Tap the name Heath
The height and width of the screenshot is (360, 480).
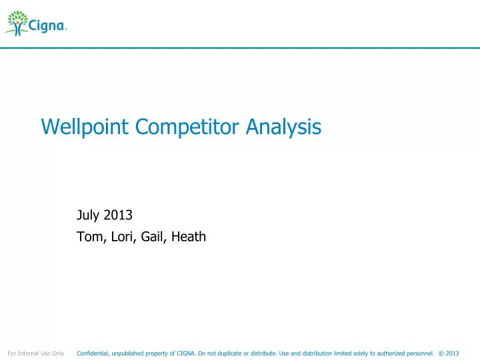[188, 235]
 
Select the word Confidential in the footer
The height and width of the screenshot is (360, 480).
[94, 353]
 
